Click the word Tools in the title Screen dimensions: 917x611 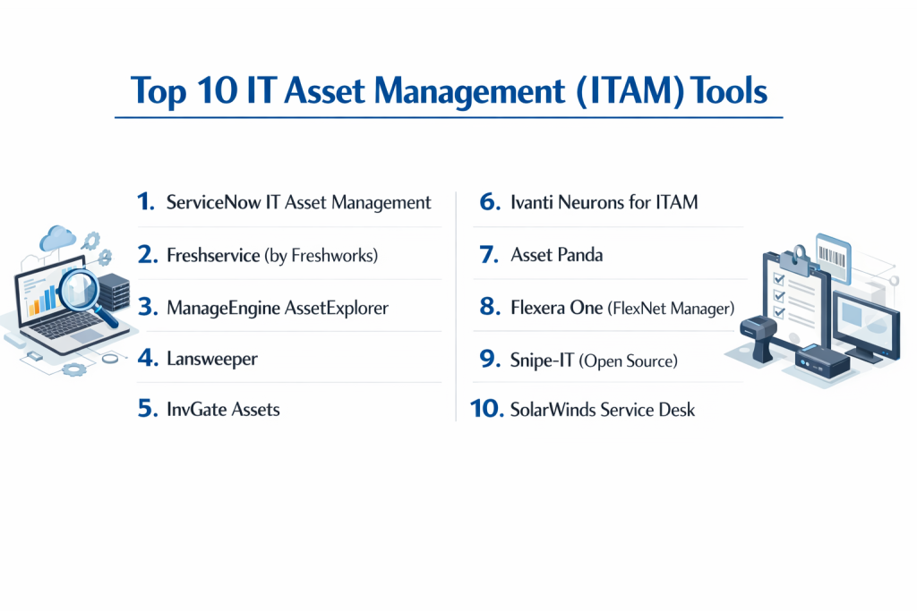(x=728, y=91)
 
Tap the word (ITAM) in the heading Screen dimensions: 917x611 (x=630, y=92)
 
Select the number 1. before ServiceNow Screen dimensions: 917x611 (x=146, y=201)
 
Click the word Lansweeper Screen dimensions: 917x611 (x=211, y=359)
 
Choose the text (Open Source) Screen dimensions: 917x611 (x=628, y=361)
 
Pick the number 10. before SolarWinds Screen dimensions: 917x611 (x=486, y=409)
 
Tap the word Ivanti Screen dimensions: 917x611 (x=532, y=202)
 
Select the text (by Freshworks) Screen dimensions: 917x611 (x=321, y=255)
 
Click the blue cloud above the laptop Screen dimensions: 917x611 (x=57, y=238)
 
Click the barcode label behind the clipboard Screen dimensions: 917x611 (x=833, y=259)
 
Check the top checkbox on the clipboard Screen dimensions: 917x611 (x=779, y=279)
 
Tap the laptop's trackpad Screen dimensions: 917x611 (x=87, y=335)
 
